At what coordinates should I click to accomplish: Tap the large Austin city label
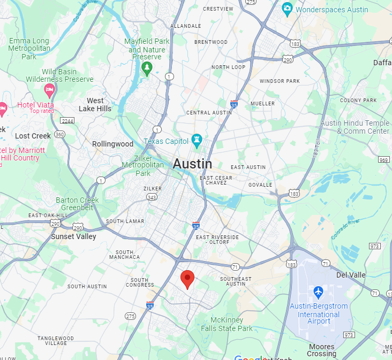coord(192,164)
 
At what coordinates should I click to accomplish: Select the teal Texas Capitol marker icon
coord(197,141)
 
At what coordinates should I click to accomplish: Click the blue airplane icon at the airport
coord(319,293)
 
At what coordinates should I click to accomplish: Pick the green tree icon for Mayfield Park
coord(147,68)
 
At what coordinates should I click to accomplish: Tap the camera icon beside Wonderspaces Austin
coord(287,9)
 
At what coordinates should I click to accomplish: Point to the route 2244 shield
coord(67,120)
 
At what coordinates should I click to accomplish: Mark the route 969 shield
coord(383,160)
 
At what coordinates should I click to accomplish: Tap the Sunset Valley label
coord(73,236)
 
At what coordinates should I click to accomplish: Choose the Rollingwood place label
coord(112,144)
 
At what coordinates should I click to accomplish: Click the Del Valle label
coord(350,275)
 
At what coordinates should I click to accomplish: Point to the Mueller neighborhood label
coord(262,103)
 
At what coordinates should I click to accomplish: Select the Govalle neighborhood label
coord(260,185)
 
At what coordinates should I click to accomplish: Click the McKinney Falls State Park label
coord(227,324)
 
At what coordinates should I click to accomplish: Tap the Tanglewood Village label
coord(56,341)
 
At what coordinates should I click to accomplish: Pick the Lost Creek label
coord(33,136)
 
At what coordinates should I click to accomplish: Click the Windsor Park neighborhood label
coord(280,81)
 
